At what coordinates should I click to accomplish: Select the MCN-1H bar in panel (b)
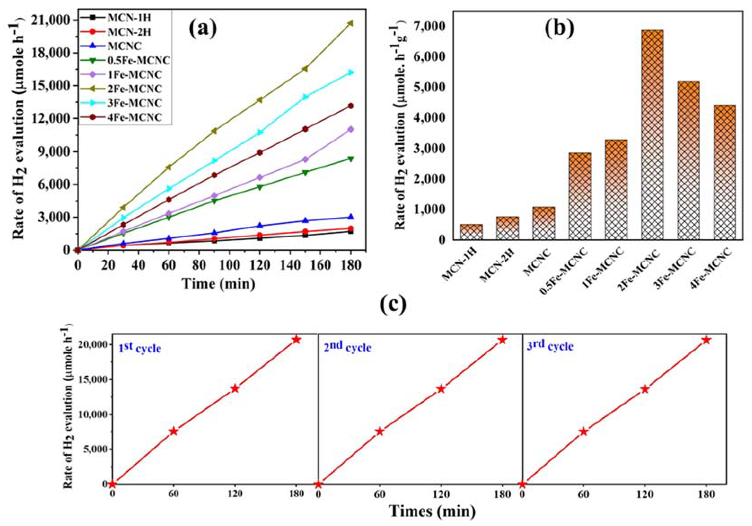coord(471,232)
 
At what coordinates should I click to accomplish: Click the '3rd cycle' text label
coord(550,346)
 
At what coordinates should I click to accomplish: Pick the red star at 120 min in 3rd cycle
coord(645,389)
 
